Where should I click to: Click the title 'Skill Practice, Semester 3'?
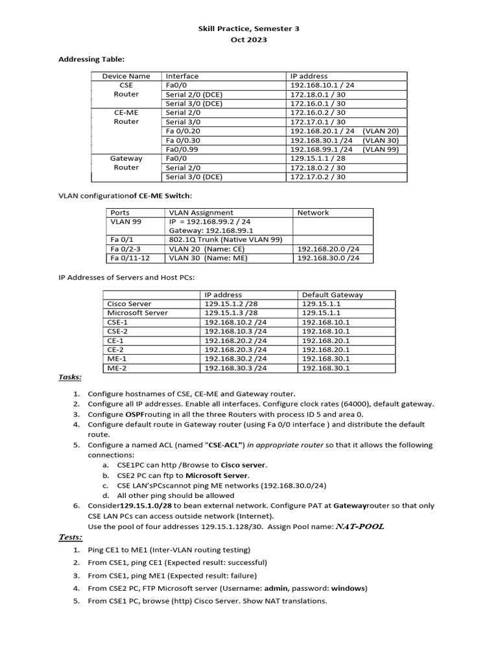pos(249,29)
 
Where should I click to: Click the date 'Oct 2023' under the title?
pos(249,40)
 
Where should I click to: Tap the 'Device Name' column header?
pos(126,76)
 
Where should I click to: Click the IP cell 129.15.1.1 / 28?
pos(316,158)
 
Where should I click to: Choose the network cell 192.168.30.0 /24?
pos(327,258)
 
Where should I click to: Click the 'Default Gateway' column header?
pos(332,294)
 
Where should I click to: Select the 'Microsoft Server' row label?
pos(137,313)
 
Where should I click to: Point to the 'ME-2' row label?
pos(117,368)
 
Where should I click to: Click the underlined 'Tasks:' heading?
pos(70,377)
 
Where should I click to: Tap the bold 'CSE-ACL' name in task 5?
pos(224,445)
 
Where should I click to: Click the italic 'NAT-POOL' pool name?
pos(359,527)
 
